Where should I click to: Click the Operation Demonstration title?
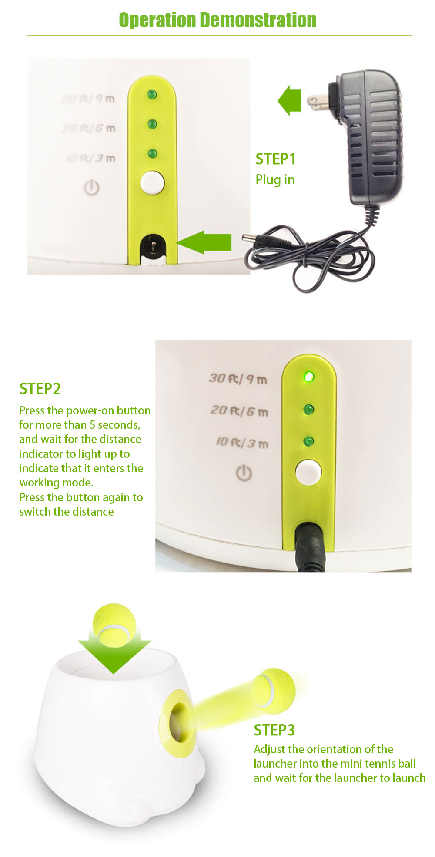click(x=217, y=20)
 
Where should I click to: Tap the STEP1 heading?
click(x=276, y=159)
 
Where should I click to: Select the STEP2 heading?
click(x=40, y=389)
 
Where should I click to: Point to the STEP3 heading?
click(x=274, y=730)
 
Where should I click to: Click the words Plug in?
click(x=275, y=180)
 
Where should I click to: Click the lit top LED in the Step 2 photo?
click(x=308, y=377)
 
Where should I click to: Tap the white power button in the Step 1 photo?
click(x=152, y=182)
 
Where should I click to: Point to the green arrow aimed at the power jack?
click(x=204, y=242)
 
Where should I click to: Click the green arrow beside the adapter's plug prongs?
click(x=290, y=100)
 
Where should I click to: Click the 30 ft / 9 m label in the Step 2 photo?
click(x=238, y=378)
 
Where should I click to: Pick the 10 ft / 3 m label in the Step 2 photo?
click(x=242, y=443)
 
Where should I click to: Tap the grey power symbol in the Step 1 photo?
click(x=92, y=188)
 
